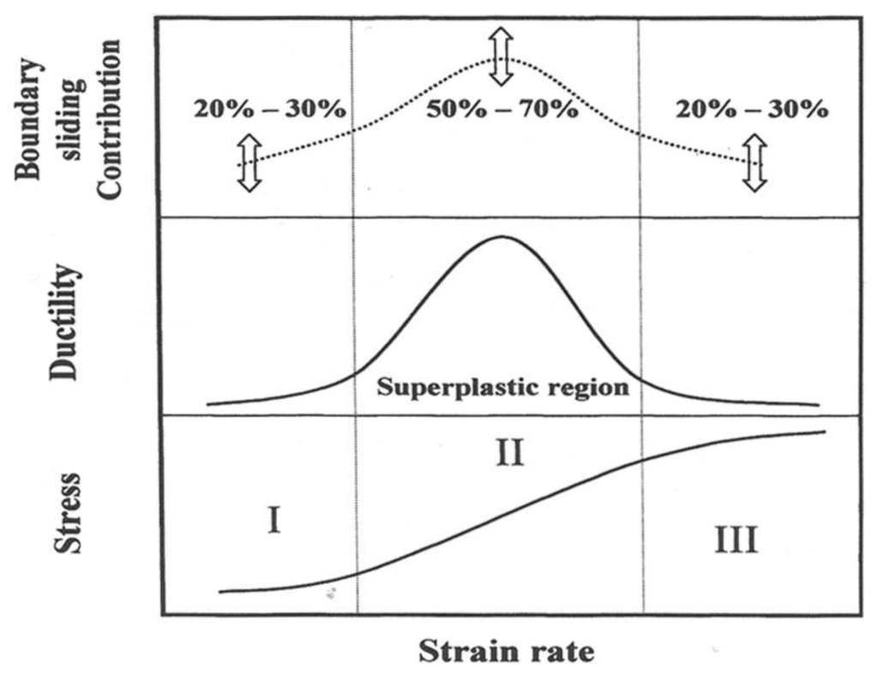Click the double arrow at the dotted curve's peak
coord(502,57)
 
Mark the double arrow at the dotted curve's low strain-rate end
coord(249,163)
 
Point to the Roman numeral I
coord(274,519)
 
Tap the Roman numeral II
coord(509,451)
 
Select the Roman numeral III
coord(736,541)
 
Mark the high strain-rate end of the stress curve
coord(824,432)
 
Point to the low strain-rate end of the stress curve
coord(221,591)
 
